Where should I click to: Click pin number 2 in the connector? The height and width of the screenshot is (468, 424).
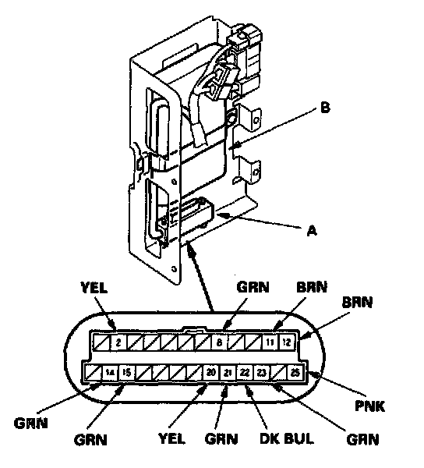pyautogui.click(x=118, y=342)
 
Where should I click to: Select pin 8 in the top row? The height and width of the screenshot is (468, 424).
pyautogui.click(x=220, y=342)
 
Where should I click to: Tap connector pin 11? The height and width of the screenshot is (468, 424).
pyautogui.click(x=270, y=342)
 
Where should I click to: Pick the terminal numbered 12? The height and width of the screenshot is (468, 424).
pyautogui.click(x=286, y=342)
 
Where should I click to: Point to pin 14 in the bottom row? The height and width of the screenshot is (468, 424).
pyautogui.click(x=110, y=373)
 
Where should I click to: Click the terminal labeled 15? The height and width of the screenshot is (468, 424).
pyautogui.click(x=127, y=373)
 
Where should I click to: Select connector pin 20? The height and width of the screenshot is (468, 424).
pyautogui.click(x=211, y=372)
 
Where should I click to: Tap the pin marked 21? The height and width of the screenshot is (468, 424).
pyautogui.click(x=228, y=373)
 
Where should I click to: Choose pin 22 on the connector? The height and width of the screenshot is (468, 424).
pyautogui.click(x=245, y=373)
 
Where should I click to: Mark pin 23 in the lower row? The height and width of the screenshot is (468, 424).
pyautogui.click(x=262, y=373)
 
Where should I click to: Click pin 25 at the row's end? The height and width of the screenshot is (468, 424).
pyautogui.click(x=295, y=372)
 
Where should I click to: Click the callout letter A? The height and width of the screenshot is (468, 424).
pyautogui.click(x=312, y=230)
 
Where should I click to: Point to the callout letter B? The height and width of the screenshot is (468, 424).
pyautogui.click(x=325, y=108)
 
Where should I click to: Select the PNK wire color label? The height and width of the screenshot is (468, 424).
pyautogui.click(x=369, y=406)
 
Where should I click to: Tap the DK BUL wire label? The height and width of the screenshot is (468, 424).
pyautogui.click(x=287, y=438)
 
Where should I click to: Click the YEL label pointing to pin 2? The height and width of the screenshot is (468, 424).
pyautogui.click(x=94, y=288)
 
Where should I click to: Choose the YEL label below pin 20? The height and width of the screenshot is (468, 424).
pyautogui.click(x=171, y=438)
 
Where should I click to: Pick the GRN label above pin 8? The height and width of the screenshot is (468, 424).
pyautogui.click(x=253, y=287)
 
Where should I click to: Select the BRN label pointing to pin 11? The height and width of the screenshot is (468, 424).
pyautogui.click(x=312, y=287)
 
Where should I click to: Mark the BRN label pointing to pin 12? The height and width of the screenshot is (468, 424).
pyautogui.click(x=357, y=303)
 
